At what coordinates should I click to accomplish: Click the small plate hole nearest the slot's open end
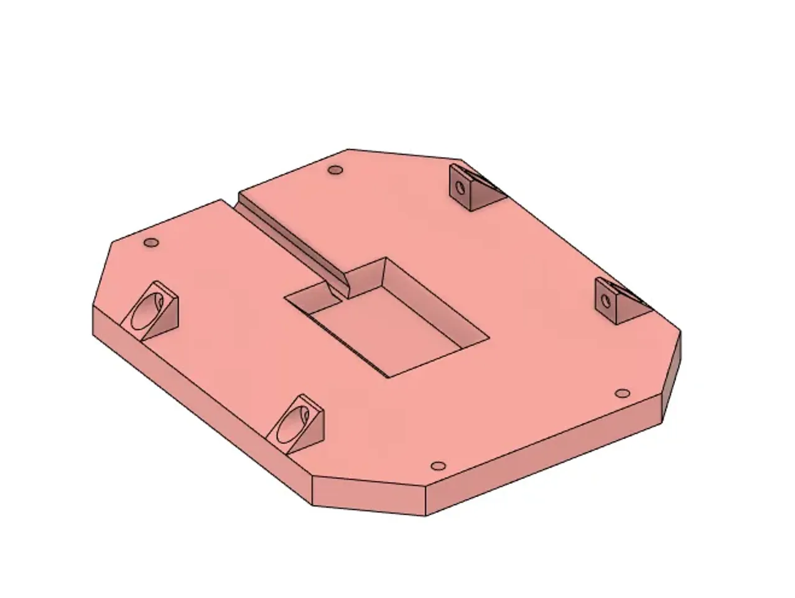coord(336,169)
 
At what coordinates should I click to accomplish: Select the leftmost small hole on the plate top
coord(151,242)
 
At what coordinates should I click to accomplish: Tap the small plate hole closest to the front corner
coord(438,466)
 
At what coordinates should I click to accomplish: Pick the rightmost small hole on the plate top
coord(621,393)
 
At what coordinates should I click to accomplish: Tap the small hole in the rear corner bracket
coord(460,186)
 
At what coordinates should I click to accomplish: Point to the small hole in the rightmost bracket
coord(605,301)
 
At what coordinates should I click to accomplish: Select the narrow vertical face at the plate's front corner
coord(368,496)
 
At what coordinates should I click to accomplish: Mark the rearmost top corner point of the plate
coord(348,149)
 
